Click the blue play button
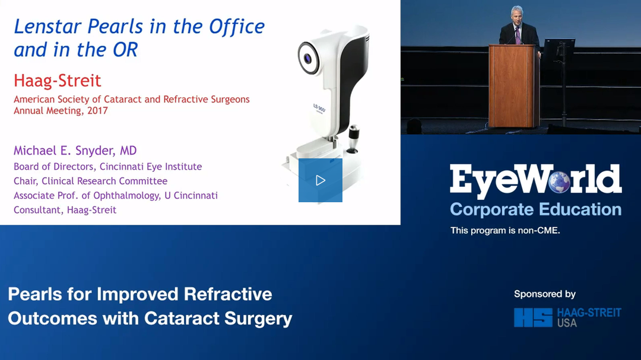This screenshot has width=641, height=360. tap(320, 180)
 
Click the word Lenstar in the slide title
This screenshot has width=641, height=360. tap(49, 27)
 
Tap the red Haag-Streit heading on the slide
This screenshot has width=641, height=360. tap(57, 81)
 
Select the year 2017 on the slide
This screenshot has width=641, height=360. tap(97, 111)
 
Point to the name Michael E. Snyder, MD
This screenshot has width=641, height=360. tap(75, 151)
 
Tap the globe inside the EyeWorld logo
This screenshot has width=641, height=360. tap(559, 181)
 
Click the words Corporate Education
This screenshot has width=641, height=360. tap(535, 209)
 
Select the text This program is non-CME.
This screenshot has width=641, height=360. tap(505, 231)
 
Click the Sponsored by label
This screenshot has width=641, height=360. tap(544, 294)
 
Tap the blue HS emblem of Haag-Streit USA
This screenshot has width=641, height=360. tap(533, 317)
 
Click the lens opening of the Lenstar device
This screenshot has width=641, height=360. tap(307, 59)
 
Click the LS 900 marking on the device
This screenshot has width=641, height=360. tap(319, 109)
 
